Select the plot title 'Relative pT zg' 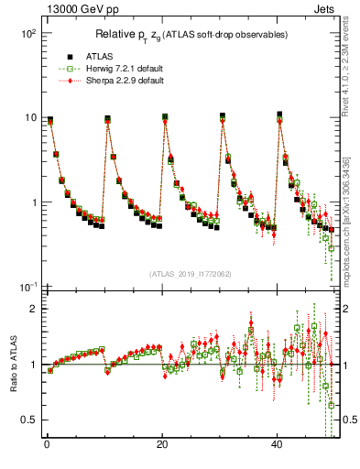(x=192, y=35)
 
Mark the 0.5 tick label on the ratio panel (x=27, y=420)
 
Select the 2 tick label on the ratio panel (x=32, y=309)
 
